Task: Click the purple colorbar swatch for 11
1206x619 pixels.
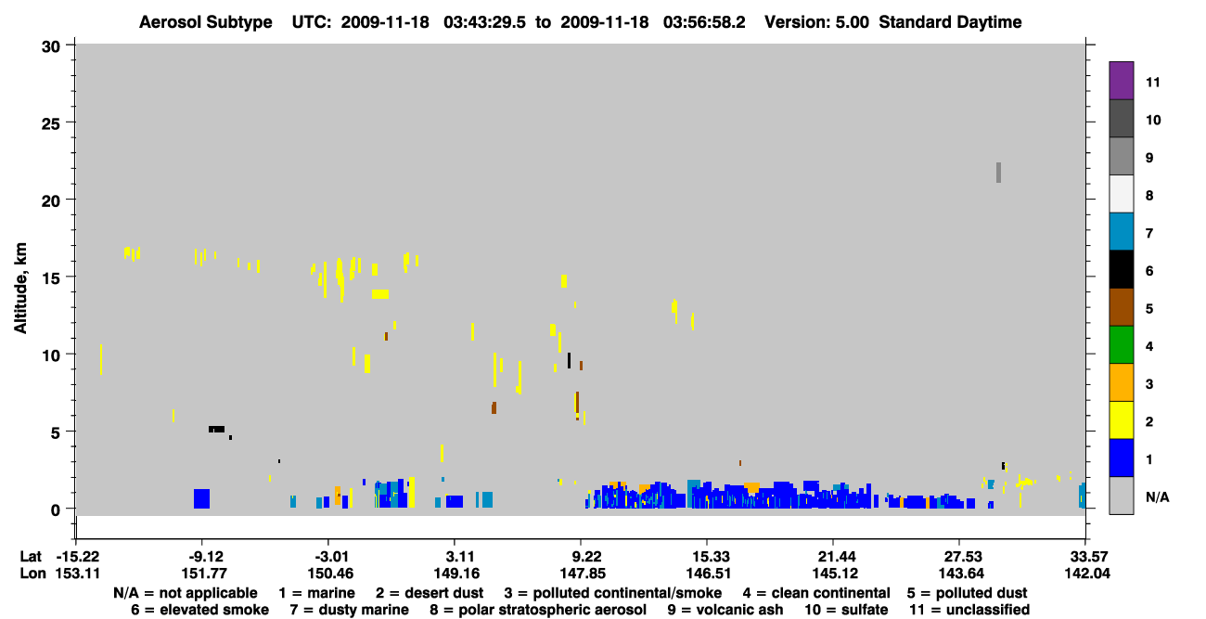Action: (1121, 81)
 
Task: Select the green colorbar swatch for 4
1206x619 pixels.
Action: (1121, 345)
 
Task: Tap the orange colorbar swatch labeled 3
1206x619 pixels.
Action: (1121, 382)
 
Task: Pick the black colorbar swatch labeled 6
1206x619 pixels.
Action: (1121, 269)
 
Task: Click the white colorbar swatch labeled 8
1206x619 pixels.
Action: (1121, 194)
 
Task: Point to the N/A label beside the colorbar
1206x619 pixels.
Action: (1157, 496)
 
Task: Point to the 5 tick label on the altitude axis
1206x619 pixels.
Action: (56, 433)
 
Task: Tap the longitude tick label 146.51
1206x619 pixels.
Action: (709, 574)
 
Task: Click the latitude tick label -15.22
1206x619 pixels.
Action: (78, 557)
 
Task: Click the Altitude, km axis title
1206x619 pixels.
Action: (19, 289)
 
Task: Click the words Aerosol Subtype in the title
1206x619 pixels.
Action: (206, 22)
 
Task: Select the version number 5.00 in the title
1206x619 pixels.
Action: (852, 22)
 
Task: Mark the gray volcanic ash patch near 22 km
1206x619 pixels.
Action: (999, 173)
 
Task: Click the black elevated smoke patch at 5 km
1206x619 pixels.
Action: (216, 430)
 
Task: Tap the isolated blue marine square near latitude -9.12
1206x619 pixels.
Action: (202, 498)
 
